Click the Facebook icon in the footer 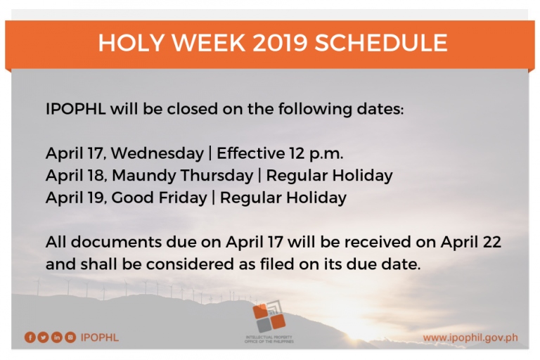(x=30, y=337)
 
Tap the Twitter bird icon (x=44, y=337)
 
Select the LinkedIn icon (x=57, y=337)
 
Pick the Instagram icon (x=70, y=337)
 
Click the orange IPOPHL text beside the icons (x=100, y=337)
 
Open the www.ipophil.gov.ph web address (x=470, y=337)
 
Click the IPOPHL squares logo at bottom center (x=269, y=316)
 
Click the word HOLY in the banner (x=131, y=43)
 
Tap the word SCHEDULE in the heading (x=381, y=43)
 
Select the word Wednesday (x=157, y=153)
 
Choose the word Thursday (x=217, y=175)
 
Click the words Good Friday (x=159, y=198)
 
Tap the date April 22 (x=471, y=242)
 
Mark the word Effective (x=251, y=153)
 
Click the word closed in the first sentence (x=193, y=109)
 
